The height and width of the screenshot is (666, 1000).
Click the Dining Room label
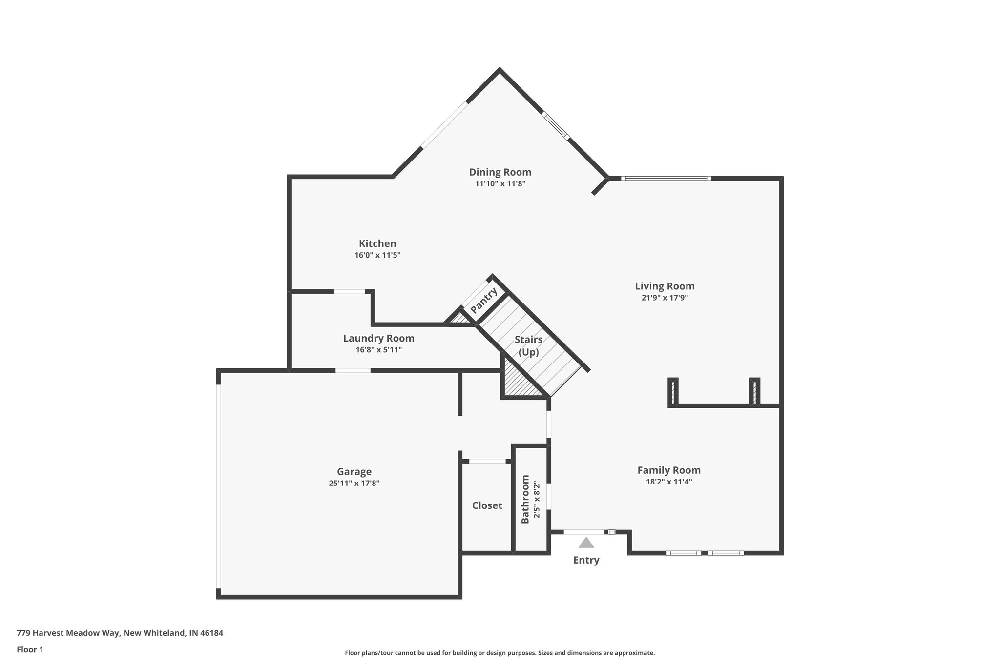pos(500,172)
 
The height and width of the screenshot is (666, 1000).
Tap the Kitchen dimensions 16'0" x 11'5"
pos(377,255)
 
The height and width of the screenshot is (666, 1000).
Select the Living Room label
pos(665,286)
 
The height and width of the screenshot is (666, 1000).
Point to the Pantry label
pos(484,301)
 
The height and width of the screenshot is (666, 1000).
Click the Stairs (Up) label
pos(528,345)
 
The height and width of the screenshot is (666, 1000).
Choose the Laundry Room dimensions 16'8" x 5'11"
pos(378,350)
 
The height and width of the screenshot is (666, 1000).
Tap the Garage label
pos(354,472)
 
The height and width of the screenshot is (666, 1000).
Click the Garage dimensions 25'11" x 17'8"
pos(354,484)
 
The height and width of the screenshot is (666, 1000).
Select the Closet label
pos(487,505)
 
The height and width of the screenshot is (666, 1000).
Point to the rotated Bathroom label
pos(525,499)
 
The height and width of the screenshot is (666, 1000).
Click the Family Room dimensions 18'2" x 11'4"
pos(668,482)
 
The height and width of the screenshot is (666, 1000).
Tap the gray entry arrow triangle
pos(586,543)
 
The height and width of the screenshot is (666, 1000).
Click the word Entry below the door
pos(586,560)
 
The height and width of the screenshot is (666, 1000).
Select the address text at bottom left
pos(120,633)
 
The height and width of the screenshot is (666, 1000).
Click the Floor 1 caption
pos(30,649)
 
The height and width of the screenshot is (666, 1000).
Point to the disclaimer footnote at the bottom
pos(500,653)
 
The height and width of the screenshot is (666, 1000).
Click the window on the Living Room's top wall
pos(666,179)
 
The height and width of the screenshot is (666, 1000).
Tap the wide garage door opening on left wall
pos(219,486)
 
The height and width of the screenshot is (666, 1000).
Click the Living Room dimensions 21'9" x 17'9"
pos(665,298)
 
